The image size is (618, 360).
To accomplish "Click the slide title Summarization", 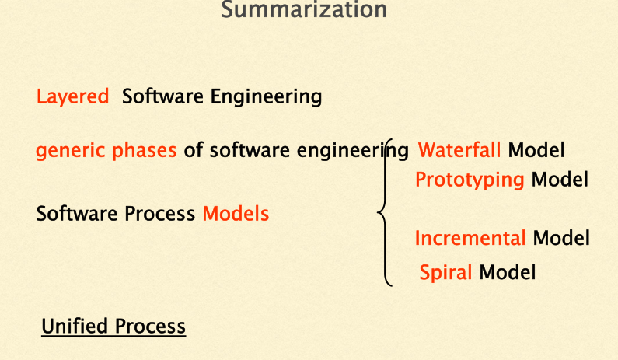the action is coord(304,9).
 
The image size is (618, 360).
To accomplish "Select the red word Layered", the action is coord(72,96).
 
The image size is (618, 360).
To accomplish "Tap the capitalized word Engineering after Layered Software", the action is coord(266,97).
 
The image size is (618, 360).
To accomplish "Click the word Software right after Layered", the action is coord(162,96).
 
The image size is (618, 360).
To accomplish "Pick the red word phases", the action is coord(145,151).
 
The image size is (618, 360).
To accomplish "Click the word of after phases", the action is coord(193,150).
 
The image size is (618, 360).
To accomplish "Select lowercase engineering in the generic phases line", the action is coord(352,151).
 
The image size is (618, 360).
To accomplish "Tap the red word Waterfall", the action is coord(459,150).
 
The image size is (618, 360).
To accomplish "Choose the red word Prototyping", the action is coord(470,180).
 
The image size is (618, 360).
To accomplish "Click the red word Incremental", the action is coord(470,238).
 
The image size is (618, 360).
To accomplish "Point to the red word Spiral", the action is coord(445,273).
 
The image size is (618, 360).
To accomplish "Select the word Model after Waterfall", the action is coord(536,150).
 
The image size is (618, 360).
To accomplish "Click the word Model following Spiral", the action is coord(508,272).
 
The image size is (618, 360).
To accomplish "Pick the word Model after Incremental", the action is coord(561,238).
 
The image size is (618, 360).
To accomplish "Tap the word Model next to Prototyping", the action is coord(560,180).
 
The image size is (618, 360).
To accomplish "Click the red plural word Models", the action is coord(236,214).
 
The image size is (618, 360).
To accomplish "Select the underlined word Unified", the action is coord(75,326).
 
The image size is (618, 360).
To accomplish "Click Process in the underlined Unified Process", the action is coord(150,326).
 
